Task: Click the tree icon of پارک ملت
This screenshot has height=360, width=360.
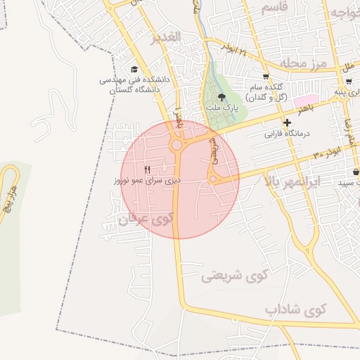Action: [x=223, y=97]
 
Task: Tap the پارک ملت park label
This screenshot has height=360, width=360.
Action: [x=223, y=109]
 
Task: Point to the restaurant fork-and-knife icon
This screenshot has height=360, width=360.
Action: [x=148, y=169]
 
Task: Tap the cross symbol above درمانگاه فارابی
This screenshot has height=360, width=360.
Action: [x=287, y=122]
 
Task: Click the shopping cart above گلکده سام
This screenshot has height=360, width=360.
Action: [x=265, y=77]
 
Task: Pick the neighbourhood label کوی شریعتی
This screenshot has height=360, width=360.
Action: [x=235, y=276]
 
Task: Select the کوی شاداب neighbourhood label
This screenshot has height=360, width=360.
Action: [x=297, y=309]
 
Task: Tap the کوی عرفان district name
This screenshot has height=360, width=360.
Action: [x=146, y=219]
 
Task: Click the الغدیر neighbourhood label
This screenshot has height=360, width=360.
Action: [x=167, y=37]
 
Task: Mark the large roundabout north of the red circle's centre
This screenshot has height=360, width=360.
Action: [x=176, y=146]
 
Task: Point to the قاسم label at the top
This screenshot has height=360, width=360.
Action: [x=275, y=8]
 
